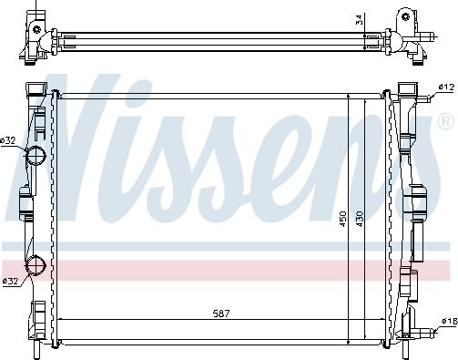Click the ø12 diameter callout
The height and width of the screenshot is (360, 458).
(x=445, y=87)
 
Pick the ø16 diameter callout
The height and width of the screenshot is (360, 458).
(x=446, y=320)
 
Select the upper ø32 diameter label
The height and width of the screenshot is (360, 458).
(x=9, y=140)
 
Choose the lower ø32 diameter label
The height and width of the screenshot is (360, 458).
(x=10, y=280)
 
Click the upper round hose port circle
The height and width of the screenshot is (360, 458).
(x=36, y=156)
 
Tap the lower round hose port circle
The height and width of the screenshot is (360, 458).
(x=36, y=265)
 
